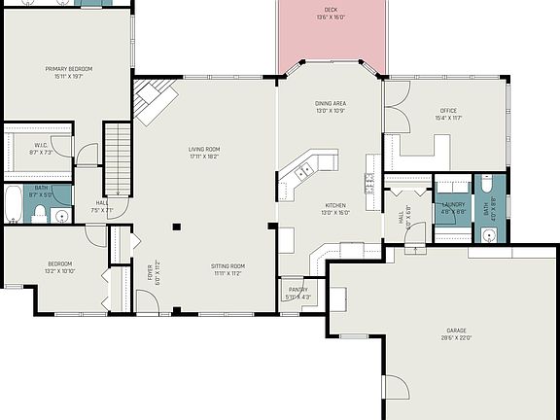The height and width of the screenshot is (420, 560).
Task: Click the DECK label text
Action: tap(332, 9)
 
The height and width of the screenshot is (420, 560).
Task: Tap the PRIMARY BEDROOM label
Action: tap(68, 69)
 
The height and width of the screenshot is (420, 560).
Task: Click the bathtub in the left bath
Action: tap(13, 205)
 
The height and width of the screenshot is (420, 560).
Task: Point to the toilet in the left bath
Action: tap(40, 217)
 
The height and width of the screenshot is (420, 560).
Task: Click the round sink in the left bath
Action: tap(61, 217)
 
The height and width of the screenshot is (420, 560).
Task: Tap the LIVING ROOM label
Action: tap(204, 150)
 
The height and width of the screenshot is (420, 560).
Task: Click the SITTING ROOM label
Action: tap(228, 265)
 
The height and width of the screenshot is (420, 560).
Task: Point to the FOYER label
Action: tap(150, 275)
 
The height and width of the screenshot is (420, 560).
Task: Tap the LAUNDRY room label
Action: tap(453, 204)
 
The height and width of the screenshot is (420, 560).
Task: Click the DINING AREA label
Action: tap(332, 103)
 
